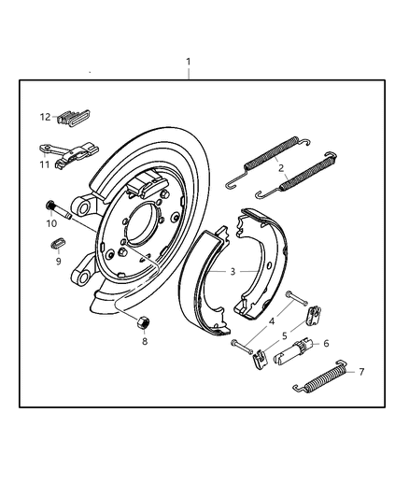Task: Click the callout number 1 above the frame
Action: [188, 63]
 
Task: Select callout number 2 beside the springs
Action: [281, 169]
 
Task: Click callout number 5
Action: [284, 334]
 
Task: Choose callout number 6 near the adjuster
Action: [325, 343]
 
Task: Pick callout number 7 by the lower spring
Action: [361, 372]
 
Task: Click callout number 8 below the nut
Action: [144, 342]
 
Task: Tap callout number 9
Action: [57, 262]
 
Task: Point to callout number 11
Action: [44, 164]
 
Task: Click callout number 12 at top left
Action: [44, 117]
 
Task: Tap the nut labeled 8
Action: [144, 323]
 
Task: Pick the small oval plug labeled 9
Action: [55, 245]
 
